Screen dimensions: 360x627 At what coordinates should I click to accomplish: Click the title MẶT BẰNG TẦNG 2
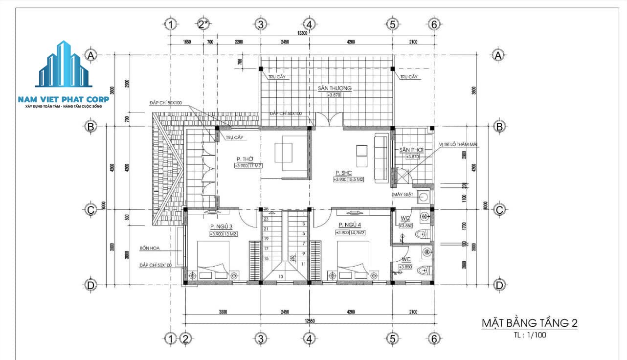tap(530, 323)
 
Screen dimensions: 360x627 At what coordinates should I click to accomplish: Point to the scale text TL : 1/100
tap(529, 336)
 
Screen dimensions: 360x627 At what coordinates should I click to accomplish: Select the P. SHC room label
tap(344, 173)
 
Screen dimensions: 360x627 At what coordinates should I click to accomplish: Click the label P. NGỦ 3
tap(221, 226)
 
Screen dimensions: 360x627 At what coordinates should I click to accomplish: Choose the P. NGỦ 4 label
tap(350, 225)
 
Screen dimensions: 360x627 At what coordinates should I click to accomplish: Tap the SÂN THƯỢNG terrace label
tap(335, 88)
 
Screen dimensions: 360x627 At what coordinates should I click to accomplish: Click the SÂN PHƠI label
tap(411, 149)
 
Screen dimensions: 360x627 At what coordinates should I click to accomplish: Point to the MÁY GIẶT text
tap(403, 195)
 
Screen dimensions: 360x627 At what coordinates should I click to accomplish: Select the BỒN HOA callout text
tap(150, 248)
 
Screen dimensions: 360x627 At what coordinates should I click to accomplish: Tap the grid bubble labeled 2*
tap(203, 23)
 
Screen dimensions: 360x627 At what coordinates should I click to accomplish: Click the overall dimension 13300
tap(302, 33)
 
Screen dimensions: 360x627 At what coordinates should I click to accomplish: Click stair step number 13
tap(281, 277)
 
